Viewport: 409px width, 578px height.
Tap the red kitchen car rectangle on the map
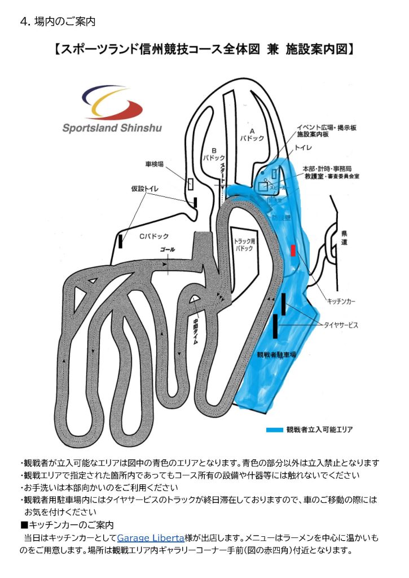click(292, 251)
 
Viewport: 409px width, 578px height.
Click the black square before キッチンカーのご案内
click(24, 526)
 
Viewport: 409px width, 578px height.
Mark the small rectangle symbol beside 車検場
click(191, 184)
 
